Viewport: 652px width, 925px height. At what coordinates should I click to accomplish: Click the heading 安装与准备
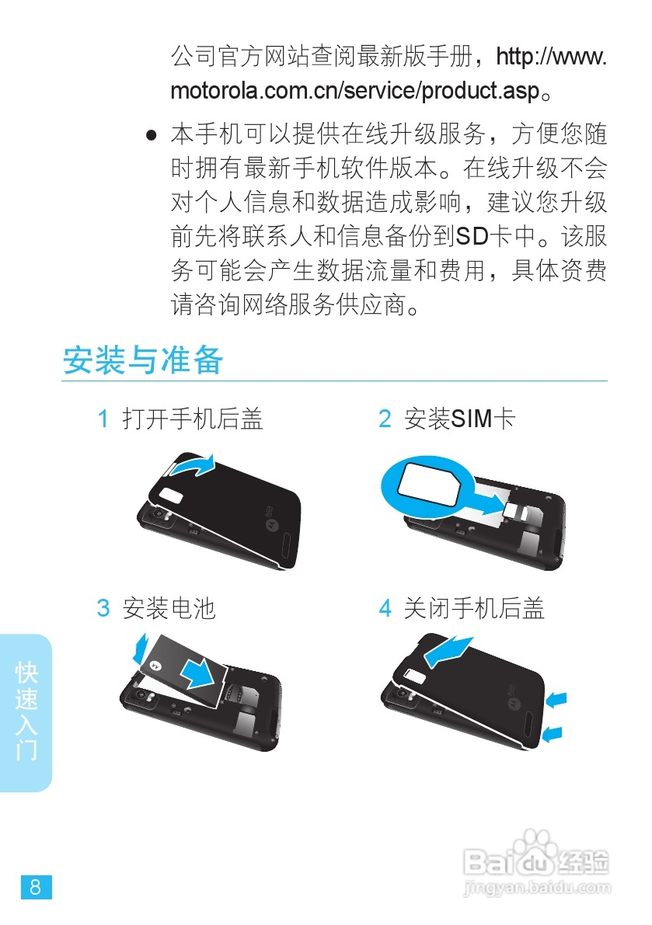click(x=143, y=360)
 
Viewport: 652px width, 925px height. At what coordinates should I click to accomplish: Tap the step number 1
click(x=103, y=420)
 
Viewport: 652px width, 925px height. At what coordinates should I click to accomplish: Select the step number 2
click(x=385, y=420)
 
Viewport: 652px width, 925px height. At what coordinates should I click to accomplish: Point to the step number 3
click(x=103, y=608)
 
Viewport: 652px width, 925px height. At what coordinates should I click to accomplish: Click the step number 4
click(x=385, y=608)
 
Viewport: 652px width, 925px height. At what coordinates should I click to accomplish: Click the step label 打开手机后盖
click(x=193, y=420)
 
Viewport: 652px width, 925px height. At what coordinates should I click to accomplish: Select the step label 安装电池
click(x=169, y=608)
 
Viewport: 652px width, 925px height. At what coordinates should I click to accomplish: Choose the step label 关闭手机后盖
click(x=474, y=608)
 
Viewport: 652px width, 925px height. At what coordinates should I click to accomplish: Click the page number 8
click(x=36, y=886)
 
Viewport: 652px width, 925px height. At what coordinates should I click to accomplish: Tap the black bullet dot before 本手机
click(x=152, y=135)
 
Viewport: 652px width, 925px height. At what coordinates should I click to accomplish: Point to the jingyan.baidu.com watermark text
click(x=536, y=886)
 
